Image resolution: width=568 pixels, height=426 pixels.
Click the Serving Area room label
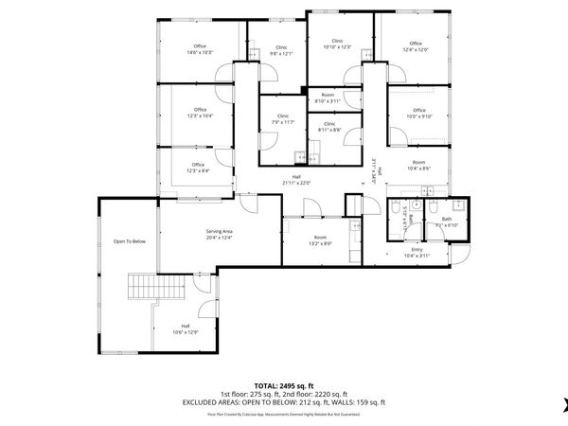220,234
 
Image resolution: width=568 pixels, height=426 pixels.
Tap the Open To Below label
130,241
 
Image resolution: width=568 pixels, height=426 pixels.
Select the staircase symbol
144,286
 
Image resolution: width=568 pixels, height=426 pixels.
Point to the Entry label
417,253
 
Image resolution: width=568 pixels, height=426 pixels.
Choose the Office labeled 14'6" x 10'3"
200,49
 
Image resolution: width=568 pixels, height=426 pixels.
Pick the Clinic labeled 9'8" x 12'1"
281,50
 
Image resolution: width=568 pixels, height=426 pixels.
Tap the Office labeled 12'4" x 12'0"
416,45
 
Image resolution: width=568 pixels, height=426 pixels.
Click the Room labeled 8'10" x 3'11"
328,98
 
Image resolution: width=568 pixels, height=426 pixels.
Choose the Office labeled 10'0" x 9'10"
418,114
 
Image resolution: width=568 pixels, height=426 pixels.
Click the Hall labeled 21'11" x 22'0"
296,180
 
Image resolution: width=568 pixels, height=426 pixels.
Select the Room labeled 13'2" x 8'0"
320,240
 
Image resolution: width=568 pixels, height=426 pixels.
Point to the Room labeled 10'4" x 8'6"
418,166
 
